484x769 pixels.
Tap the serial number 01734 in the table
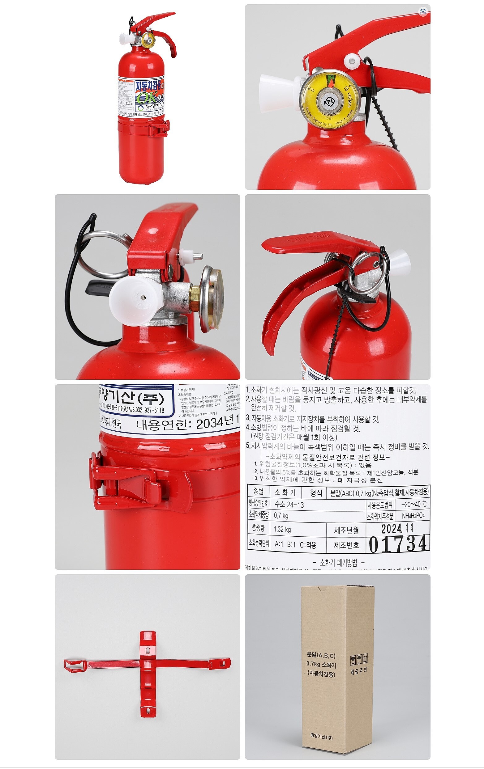[x=398, y=544]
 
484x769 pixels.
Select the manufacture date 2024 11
[x=397, y=529]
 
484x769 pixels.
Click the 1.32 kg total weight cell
[x=282, y=530]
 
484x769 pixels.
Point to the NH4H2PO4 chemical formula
[x=413, y=516]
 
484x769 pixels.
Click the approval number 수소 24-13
[x=289, y=505]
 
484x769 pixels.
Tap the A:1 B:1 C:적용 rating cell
[x=295, y=544]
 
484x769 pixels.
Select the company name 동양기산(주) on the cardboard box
[x=321, y=735]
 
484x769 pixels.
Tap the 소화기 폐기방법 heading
[x=338, y=562]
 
